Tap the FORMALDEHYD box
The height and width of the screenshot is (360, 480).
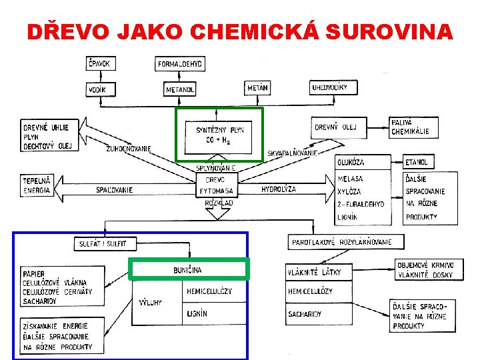point(181,64)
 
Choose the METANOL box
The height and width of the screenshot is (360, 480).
point(181,89)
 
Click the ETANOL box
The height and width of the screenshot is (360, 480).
point(420,162)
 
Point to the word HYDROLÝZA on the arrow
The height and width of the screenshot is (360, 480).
point(279,189)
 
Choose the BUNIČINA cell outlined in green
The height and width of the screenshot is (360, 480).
point(189,269)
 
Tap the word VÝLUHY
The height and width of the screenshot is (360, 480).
point(150,302)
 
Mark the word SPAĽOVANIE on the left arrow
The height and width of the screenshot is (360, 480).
point(115,190)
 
